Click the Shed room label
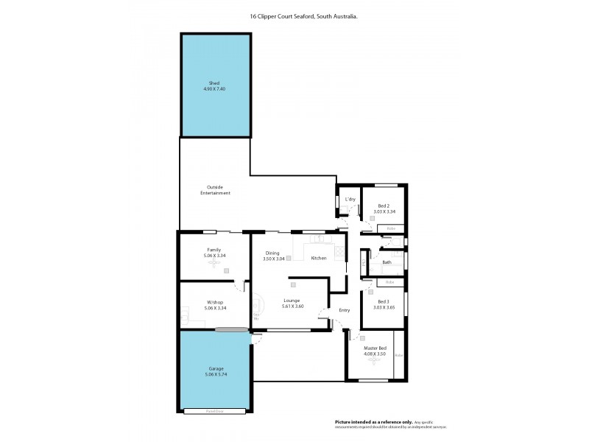(x=215, y=83)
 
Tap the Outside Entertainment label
(x=215, y=190)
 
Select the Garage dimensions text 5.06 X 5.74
(x=215, y=374)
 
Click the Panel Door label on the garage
(x=215, y=411)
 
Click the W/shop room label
(x=215, y=303)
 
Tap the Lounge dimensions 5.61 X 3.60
(x=293, y=306)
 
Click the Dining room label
(x=272, y=253)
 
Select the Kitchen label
(x=318, y=258)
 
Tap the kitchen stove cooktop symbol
(x=339, y=252)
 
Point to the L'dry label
(x=350, y=200)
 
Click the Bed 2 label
(x=384, y=206)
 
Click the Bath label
(x=387, y=262)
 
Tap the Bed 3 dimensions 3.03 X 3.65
(x=384, y=308)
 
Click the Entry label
(x=344, y=310)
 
